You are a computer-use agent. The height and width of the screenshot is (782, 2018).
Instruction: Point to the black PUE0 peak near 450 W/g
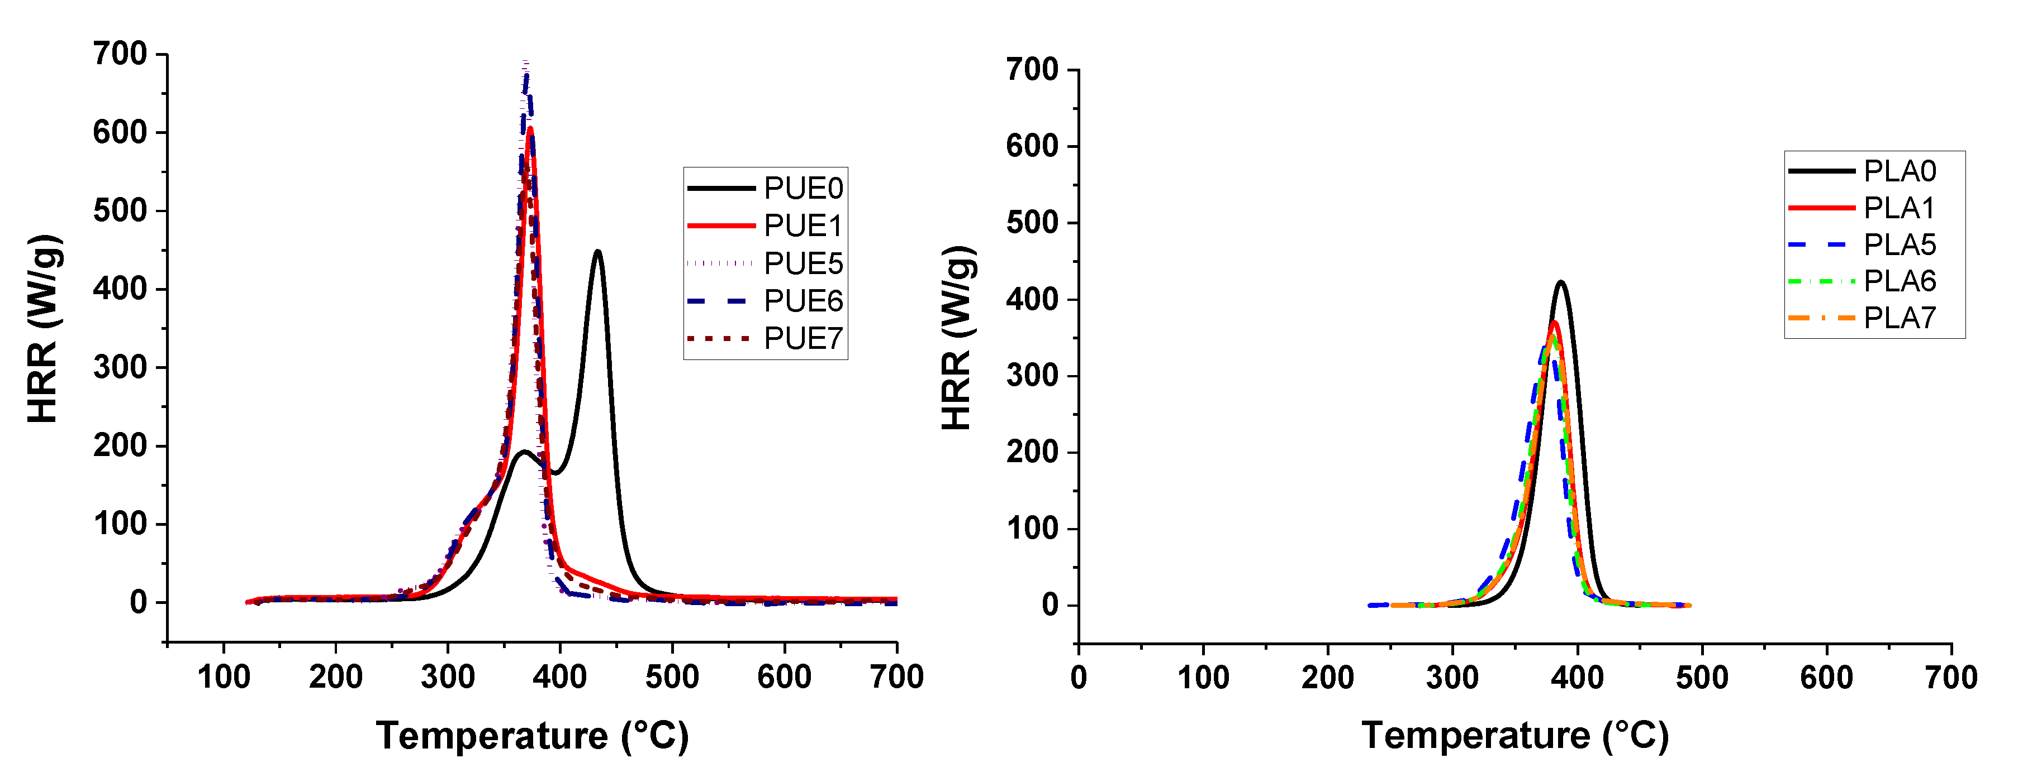tap(598, 251)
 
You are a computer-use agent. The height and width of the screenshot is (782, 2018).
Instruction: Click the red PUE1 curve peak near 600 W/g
tap(530, 128)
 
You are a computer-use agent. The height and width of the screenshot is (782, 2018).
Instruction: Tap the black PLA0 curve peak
tap(1561, 282)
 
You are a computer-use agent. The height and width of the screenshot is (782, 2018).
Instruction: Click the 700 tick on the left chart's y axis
tap(120, 54)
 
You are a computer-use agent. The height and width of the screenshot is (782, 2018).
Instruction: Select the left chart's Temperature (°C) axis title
tap(532, 736)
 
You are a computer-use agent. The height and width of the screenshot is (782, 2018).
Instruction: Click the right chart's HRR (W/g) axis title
tap(957, 338)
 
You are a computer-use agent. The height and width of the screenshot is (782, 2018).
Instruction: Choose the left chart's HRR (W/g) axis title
tap(43, 329)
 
